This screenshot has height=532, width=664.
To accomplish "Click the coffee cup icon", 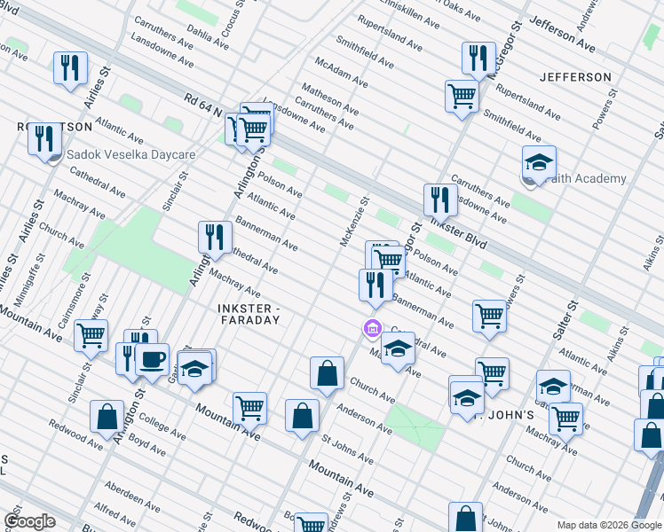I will pos(152,359).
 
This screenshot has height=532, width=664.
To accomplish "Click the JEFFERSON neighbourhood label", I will pos(575,77).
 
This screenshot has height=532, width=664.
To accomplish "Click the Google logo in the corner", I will pos(29,520).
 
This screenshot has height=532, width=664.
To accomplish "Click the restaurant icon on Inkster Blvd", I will pos(440,199).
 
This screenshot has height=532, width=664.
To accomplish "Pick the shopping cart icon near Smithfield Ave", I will pos(462,95).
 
